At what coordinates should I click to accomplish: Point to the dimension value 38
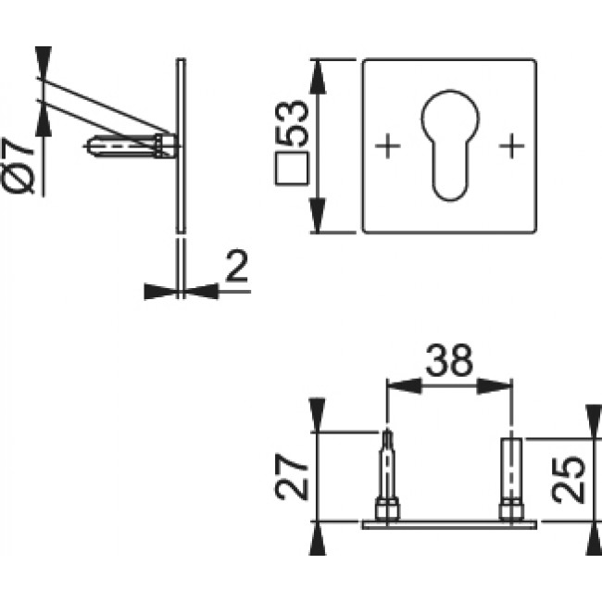[x=448, y=358]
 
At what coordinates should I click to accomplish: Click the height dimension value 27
[x=292, y=477]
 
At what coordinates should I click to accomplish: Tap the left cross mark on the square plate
[x=388, y=145]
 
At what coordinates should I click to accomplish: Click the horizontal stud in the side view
[x=130, y=146]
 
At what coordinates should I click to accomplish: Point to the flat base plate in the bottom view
[x=449, y=524]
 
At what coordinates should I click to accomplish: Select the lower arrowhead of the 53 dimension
[x=318, y=221]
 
